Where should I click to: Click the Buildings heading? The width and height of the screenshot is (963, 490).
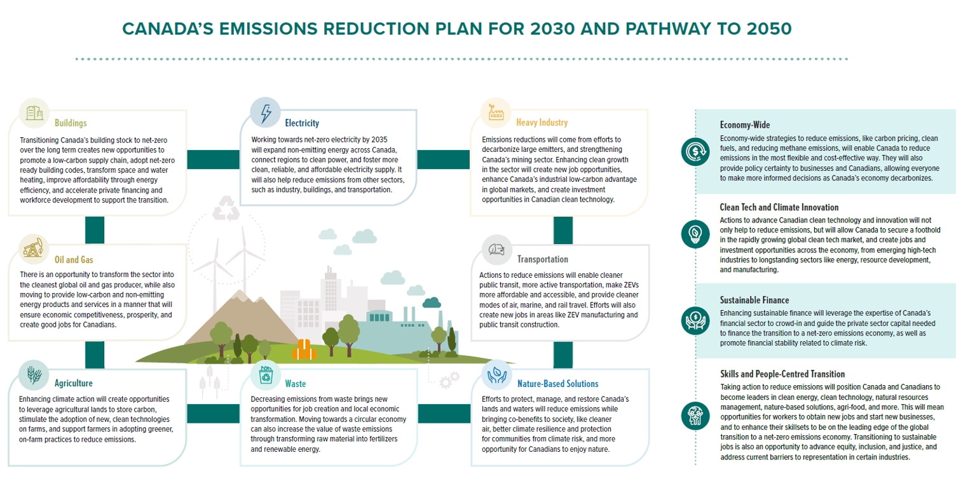71,123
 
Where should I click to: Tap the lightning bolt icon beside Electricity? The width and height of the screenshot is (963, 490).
266,113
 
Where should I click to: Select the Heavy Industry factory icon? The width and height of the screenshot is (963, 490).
496,113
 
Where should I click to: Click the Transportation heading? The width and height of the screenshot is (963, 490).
543,259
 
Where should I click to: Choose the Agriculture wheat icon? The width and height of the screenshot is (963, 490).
34,375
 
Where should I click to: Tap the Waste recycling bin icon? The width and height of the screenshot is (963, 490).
266,376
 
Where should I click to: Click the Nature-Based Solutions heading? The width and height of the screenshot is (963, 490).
557,384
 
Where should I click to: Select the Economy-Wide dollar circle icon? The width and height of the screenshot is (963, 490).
695,152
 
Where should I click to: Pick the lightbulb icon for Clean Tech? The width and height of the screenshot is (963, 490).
695,235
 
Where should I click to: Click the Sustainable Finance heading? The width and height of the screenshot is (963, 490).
755,300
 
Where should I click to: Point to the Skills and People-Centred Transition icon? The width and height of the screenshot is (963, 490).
695,416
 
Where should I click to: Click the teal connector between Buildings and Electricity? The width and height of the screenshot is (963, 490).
213,160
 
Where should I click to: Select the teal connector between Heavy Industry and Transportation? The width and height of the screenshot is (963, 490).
563,231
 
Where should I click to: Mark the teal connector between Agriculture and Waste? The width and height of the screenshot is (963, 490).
213,414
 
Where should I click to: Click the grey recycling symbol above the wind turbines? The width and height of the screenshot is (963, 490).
226,208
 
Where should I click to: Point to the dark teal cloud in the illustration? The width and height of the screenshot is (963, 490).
432,303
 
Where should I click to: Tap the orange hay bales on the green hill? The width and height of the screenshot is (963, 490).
304,350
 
